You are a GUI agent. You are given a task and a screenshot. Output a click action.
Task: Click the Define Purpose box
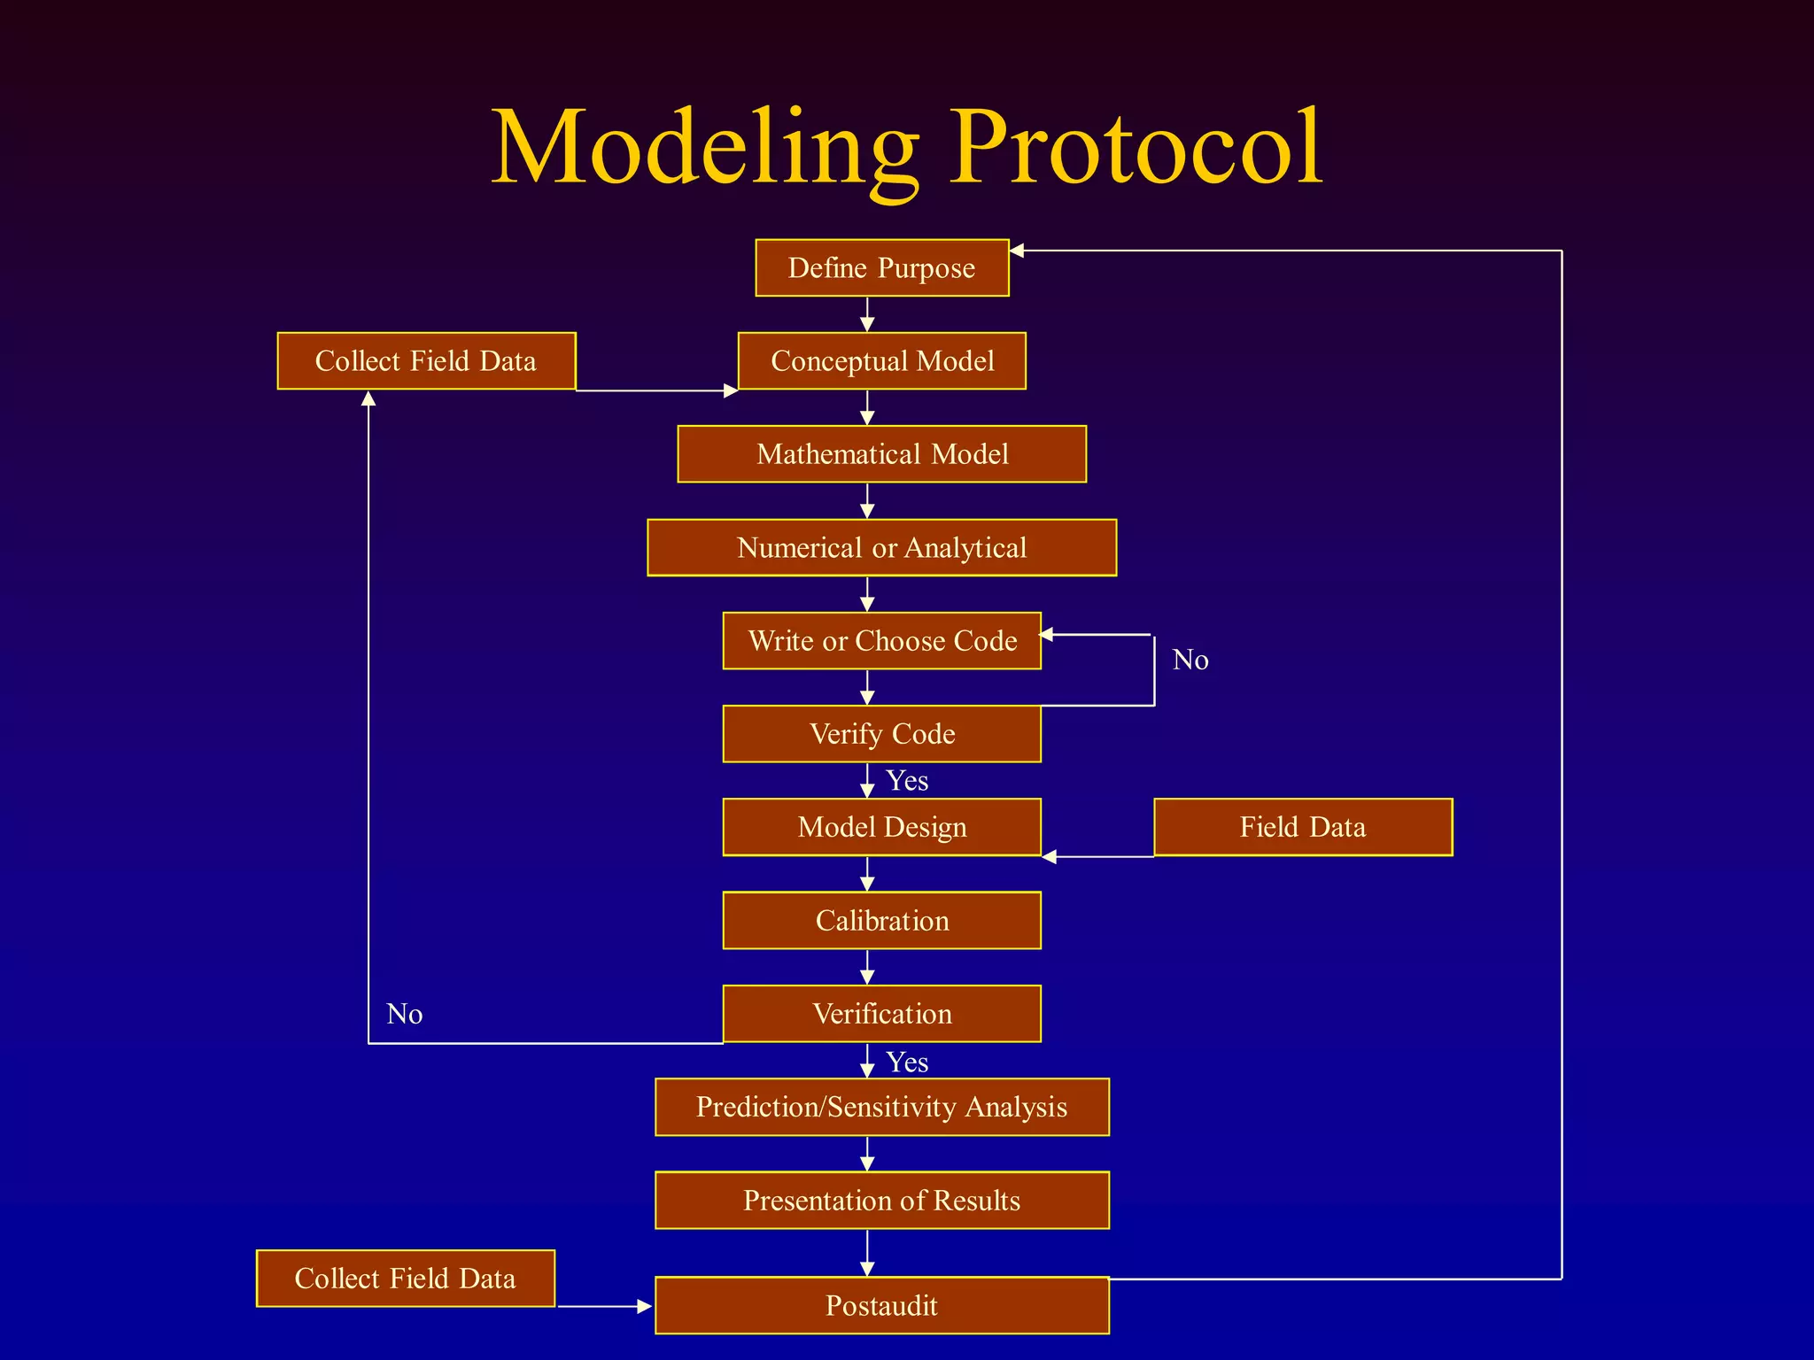click(x=881, y=267)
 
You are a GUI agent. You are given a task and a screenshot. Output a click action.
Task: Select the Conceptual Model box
click(x=881, y=360)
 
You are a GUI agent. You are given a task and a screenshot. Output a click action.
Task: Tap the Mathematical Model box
click(x=881, y=454)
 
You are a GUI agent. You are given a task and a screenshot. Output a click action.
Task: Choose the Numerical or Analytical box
click(x=881, y=547)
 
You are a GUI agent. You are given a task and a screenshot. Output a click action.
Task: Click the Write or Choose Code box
click(x=881, y=640)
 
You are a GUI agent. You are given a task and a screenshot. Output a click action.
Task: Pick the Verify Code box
click(x=881, y=734)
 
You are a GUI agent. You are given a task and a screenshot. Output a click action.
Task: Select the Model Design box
click(x=881, y=827)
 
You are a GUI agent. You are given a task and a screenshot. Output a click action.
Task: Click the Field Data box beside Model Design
click(x=1302, y=827)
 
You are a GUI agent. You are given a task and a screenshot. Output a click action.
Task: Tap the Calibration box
click(x=881, y=921)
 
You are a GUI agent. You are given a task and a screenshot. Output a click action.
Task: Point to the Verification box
click(x=881, y=1014)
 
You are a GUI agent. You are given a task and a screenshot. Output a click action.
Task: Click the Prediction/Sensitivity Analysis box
click(x=881, y=1107)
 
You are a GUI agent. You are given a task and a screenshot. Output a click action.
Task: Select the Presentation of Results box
click(x=881, y=1201)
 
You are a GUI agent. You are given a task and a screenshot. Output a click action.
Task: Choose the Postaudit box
click(x=881, y=1305)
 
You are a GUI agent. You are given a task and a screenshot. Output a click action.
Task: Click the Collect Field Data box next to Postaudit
click(x=405, y=1279)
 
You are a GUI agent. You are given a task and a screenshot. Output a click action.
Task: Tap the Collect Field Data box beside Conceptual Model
click(x=426, y=360)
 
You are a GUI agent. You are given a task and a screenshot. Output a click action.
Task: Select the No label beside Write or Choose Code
click(x=1190, y=660)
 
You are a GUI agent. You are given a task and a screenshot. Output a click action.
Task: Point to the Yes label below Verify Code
click(x=907, y=781)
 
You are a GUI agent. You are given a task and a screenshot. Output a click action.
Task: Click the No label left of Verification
click(x=404, y=1014)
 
